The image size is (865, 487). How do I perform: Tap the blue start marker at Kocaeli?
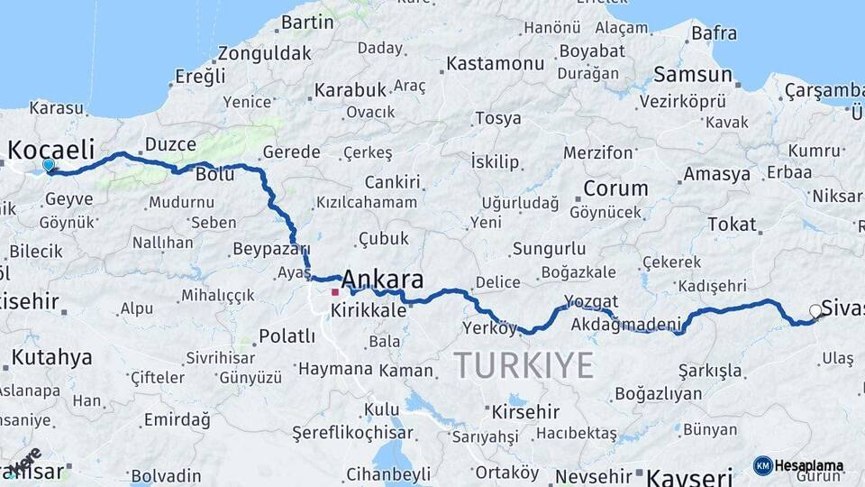point(49,165)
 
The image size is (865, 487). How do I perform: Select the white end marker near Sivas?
point(815,311)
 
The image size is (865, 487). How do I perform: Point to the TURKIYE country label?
point(523,365)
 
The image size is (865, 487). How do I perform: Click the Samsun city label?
point(692,75)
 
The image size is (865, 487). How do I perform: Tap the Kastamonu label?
point(496,64)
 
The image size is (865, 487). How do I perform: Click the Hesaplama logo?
point(798,465)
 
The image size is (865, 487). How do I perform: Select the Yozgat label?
point(591,301)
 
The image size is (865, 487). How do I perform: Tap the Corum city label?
point(615,188)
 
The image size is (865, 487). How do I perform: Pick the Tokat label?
point(732,224)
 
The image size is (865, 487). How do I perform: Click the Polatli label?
point(287,336)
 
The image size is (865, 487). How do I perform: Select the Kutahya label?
point(51,357)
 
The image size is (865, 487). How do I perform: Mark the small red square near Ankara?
point(335,292)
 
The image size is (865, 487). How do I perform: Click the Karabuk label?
point(351,90)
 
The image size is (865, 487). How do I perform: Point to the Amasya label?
point(717,174)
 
